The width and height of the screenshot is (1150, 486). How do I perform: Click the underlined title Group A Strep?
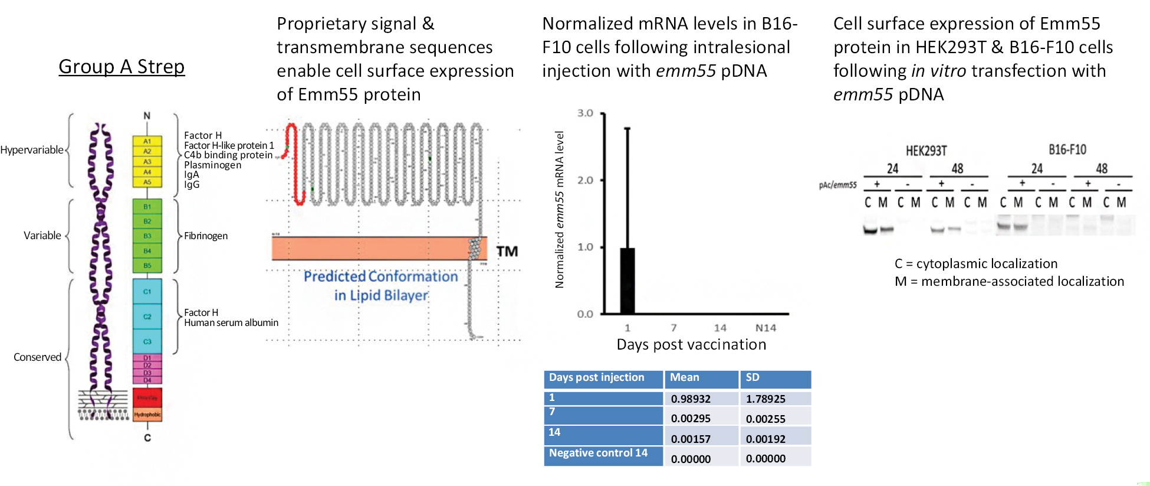[121, 67]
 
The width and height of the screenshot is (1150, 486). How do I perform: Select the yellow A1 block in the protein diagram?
[147, 142]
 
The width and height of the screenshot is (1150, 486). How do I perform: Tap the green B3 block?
[147, 236]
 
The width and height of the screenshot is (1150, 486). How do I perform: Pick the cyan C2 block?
[147, 317]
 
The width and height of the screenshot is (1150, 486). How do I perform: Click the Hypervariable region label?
[32, 150]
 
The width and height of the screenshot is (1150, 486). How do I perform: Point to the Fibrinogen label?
[206, 236]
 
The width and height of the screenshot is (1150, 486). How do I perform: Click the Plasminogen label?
[212, 165]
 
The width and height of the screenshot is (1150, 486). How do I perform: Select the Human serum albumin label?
[231, 322]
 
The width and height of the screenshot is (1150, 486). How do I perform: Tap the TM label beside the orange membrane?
[507, 252]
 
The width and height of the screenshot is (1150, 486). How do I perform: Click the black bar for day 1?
[627, 280]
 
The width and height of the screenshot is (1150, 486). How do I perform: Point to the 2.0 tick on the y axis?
[585, 180]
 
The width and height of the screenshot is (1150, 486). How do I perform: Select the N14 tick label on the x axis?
[765, 328]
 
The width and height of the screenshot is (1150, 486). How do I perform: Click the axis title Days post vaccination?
[691, 344]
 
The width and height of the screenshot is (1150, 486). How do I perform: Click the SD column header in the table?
[753, 377]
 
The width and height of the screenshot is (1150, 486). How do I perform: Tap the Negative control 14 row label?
[598, 453]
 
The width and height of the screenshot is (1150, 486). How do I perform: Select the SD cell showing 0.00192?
[765, 439]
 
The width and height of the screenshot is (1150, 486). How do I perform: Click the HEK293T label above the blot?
[926, 151]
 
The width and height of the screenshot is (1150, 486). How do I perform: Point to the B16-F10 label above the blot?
[1067, 150]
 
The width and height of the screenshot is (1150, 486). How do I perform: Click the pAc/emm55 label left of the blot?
[837, 185]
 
